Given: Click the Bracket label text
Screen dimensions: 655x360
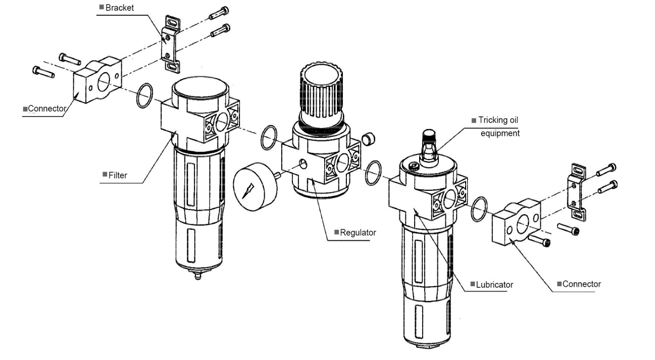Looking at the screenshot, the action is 119,8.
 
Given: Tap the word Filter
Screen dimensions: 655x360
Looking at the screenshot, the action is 118,175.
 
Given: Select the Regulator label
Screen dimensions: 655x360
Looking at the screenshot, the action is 358,233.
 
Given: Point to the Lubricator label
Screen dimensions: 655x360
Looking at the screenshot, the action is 494,285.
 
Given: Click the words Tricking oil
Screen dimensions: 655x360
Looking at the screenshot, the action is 498,120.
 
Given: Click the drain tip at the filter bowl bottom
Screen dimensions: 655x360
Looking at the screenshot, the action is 198,275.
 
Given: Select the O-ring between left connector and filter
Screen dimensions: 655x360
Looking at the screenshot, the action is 144,95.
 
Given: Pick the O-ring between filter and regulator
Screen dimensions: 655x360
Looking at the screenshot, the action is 269,138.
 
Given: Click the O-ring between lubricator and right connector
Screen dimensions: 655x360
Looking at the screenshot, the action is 479,209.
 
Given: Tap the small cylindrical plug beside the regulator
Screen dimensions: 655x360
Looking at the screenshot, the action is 369,139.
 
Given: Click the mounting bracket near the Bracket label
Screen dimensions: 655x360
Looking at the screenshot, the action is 171,44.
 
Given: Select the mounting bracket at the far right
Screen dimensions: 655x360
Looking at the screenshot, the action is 577,192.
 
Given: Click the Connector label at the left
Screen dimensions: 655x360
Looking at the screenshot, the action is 47,109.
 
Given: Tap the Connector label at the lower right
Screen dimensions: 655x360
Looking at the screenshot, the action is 582,284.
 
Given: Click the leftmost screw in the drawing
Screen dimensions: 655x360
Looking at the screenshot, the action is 43,72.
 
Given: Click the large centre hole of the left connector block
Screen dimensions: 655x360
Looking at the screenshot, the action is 103,82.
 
